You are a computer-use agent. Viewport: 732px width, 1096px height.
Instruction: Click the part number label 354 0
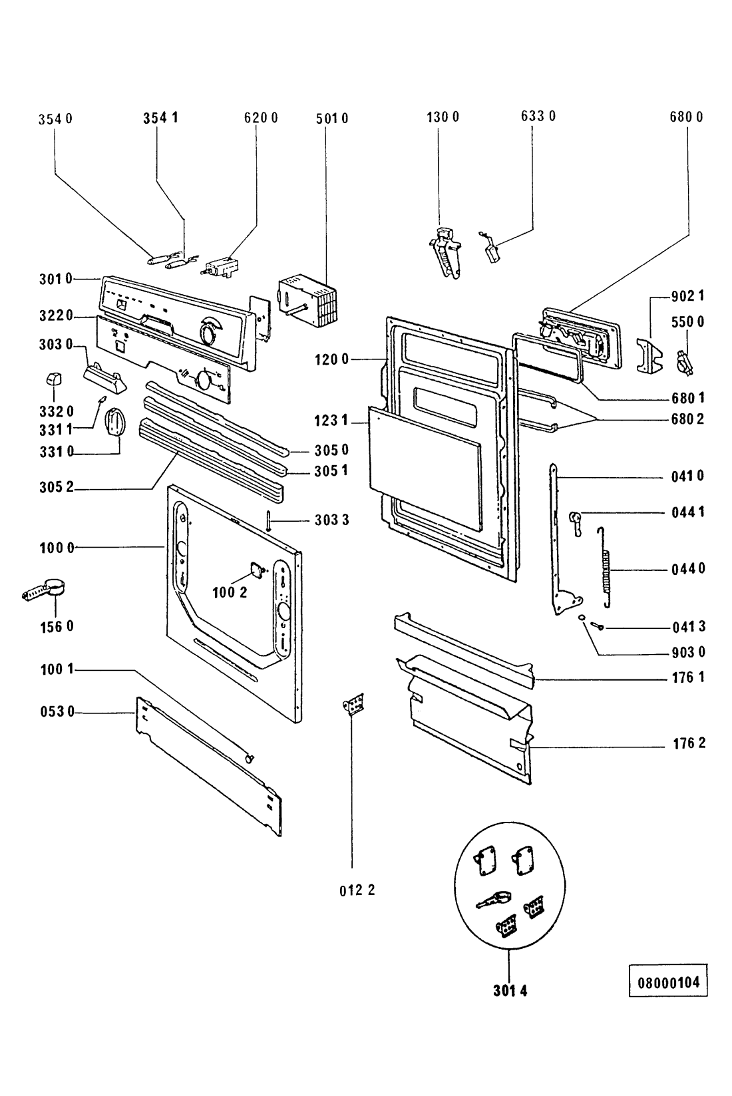coord(55,119)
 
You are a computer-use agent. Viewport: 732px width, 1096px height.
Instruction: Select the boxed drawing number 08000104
coord(668,982)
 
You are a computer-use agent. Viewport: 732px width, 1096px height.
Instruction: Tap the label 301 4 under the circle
coord(510,991)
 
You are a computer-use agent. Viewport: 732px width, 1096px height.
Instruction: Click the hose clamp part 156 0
coord(45,590)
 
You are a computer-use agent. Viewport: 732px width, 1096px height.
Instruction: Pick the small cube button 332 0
coord(53,379)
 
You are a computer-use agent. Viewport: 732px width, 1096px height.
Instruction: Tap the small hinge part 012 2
coord(355,705)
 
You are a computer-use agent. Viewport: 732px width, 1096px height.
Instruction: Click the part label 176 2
coord(689,743)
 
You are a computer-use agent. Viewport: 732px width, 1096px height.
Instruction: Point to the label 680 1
coord(688,398)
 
